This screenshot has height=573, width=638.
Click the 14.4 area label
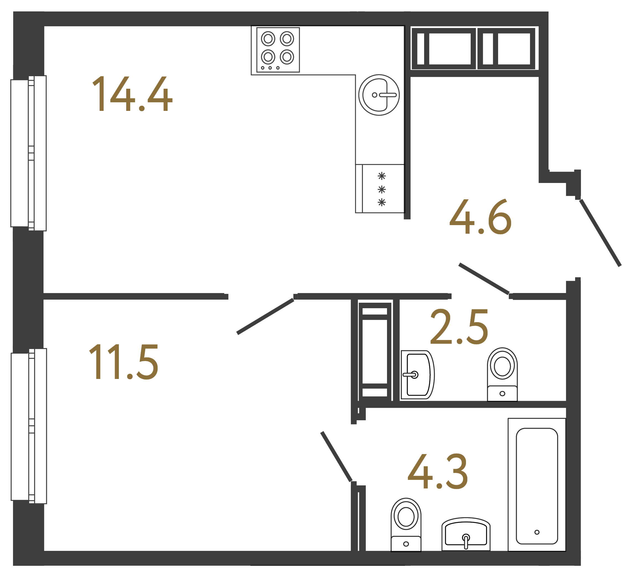tap(132, 94)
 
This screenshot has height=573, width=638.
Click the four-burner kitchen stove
tap(278, 50)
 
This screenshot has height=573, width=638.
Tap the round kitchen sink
tap(379, 95)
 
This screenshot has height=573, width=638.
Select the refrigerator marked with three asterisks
tap(380, 189)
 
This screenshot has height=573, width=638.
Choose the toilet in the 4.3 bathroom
tap(406, 524)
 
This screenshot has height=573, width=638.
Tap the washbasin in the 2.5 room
tap(417, 375)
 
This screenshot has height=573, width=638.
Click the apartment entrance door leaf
tap(600, 233)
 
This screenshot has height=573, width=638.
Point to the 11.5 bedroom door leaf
tap(265, 316)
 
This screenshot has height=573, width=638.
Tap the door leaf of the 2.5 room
tap(484, 279)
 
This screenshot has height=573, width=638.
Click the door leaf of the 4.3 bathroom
tap(336, 457)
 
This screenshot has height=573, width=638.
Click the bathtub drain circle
tap(537, 532)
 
